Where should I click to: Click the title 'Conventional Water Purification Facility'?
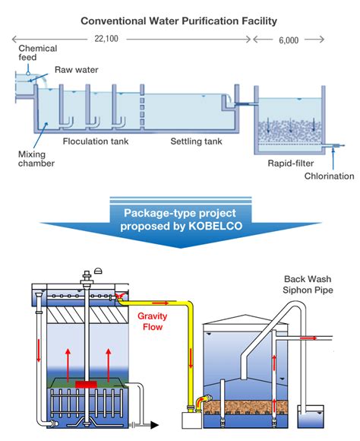click(179, 21)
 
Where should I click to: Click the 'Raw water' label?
click(77, 70)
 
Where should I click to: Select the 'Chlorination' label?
click(329, 176)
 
